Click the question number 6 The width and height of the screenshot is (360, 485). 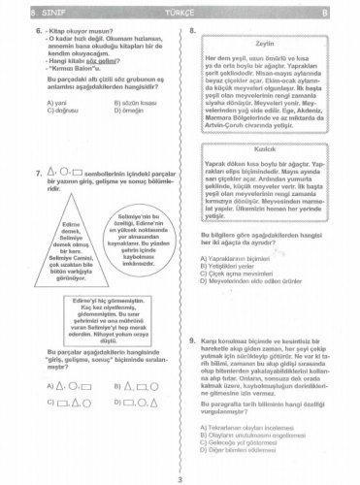pyautogui.click(x=35, y=32)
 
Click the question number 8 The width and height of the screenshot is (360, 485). pyautogui.click(x=193, y=32)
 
